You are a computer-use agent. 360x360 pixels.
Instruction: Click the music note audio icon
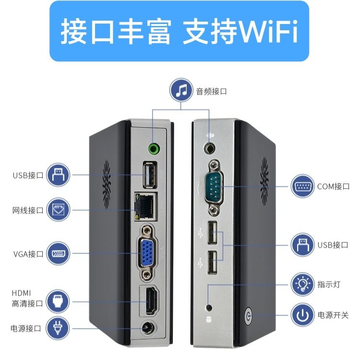click(181, 91)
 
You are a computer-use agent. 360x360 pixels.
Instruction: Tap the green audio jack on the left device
click(154, 148)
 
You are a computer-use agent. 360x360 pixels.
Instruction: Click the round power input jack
click(147, 330)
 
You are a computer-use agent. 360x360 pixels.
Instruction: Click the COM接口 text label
click(333, 186)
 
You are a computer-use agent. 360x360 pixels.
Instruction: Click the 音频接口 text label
click(211, 91)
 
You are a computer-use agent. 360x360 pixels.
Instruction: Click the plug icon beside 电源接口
click(58, 329)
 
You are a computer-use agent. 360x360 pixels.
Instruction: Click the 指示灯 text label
click(329, 285)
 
